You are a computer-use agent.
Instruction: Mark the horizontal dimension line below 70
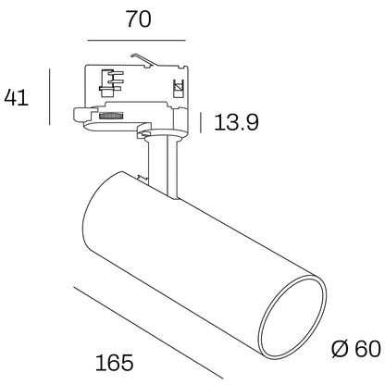point(138,42)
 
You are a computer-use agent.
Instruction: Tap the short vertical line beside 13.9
point(202,121)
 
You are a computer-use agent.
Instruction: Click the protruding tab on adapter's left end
point(80,115)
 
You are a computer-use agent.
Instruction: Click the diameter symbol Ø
point(340,349)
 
